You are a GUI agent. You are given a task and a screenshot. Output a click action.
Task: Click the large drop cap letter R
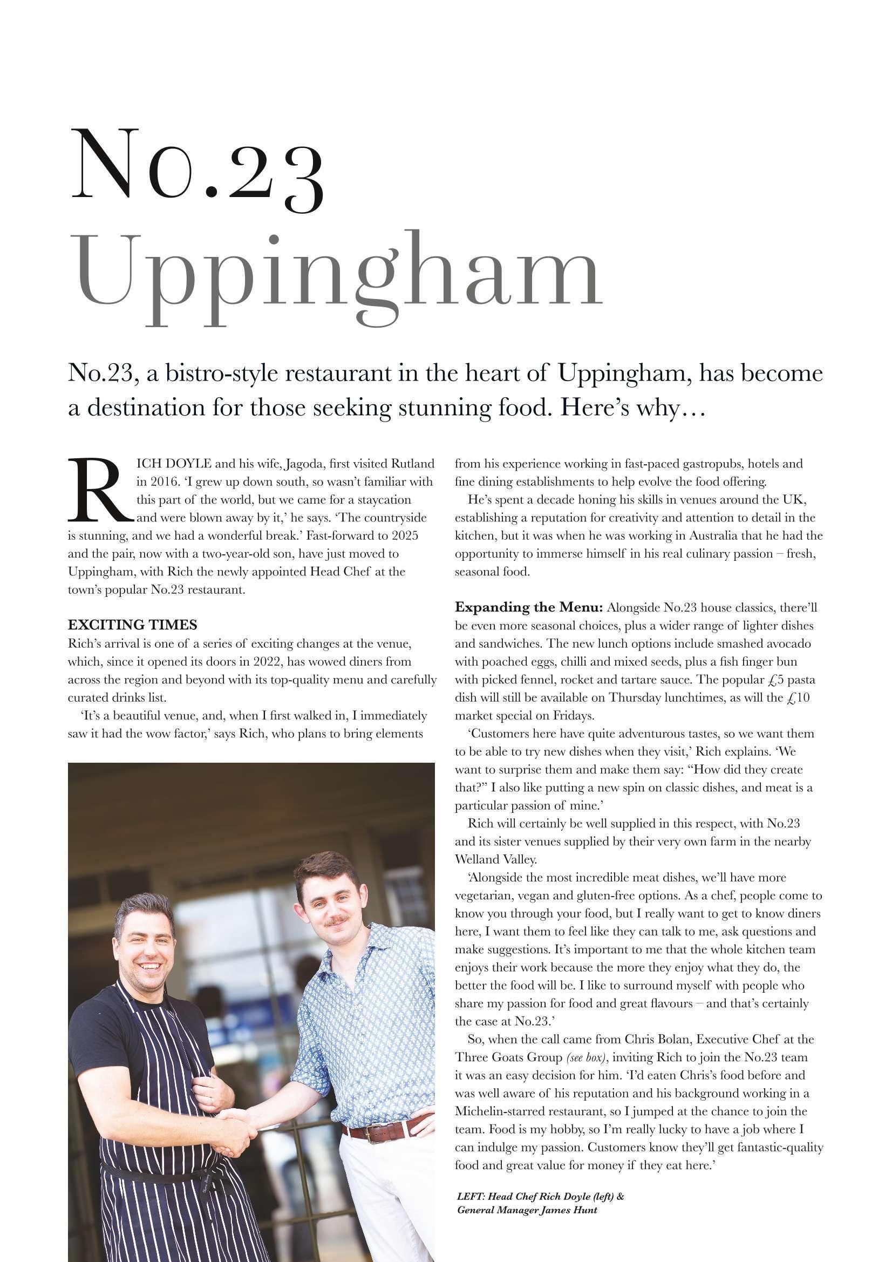coord(99,491)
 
